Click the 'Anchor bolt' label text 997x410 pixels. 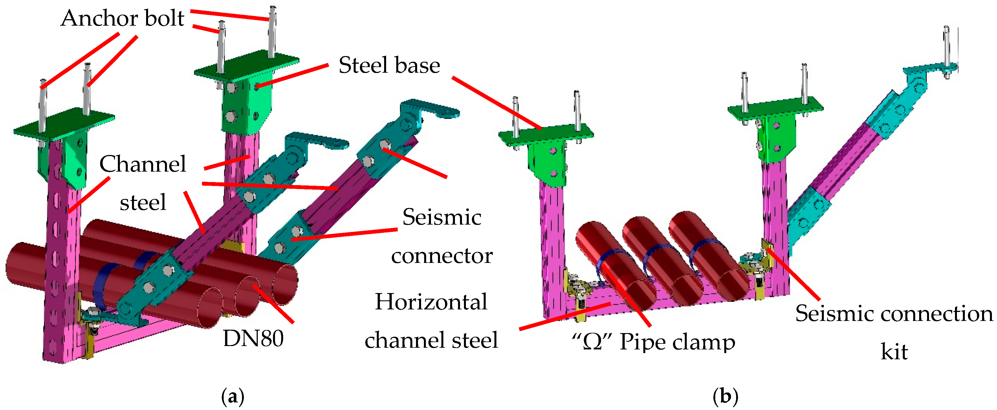(122, 19)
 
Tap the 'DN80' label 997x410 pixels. (253, 339)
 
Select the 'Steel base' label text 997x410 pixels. (389, 65)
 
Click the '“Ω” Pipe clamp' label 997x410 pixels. (653, 342)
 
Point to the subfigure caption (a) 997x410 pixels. (233, 397)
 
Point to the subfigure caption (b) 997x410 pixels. (725, 397)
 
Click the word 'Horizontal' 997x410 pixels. (431, 302)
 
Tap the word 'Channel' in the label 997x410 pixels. (143, 164)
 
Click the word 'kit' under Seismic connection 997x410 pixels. (894, 352)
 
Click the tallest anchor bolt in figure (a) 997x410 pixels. (272, 31)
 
